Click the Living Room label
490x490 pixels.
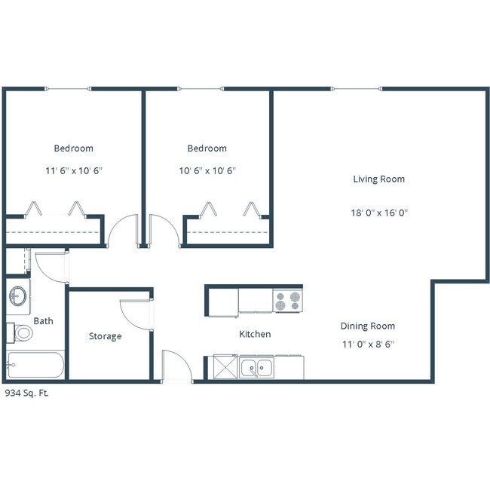(378, 179)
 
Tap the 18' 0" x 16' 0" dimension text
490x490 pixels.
(378, 213)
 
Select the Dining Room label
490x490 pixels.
(367, 326)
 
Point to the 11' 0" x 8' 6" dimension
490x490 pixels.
(367, 344)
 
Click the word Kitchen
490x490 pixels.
(255, 334)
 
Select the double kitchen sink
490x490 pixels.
(257, 368)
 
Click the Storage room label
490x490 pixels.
(105, 336)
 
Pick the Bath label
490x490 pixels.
(43, 321)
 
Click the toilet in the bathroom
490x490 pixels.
(21, 332)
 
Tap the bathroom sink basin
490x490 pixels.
(19, 296)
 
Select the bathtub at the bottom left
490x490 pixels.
(35, 366)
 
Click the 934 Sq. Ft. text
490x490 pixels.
(26, 393)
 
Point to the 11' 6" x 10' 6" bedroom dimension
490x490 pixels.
(73, 170)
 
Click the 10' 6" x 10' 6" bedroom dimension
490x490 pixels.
(207, 170)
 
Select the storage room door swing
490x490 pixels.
(136, 313)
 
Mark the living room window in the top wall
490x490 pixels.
(357, 89)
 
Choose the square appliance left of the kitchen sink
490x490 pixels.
(225, 368)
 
